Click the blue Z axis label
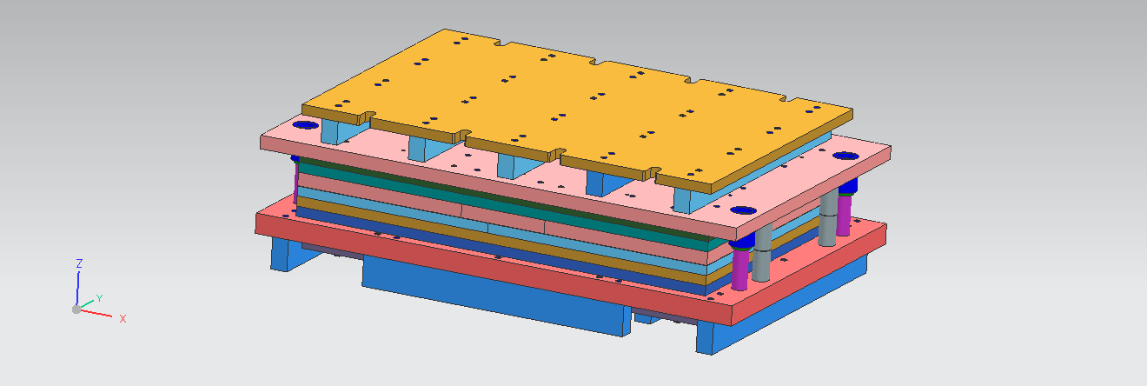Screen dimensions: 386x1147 (x=79, y=263)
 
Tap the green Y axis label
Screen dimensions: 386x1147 (x=99, y=298)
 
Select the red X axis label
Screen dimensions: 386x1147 (x=123, y=319)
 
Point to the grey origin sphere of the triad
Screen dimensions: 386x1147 (x=76, y=309)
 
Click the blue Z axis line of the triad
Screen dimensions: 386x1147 (x=78, y=287)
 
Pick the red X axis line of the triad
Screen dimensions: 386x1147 (x=96, y=313)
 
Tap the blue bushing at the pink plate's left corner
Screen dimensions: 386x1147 (x=305, y=125)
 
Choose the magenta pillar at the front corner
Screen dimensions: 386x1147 (x=739, y=270)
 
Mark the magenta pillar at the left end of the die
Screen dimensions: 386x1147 (x=296, y=178)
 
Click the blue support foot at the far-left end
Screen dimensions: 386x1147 (x=282, y=253)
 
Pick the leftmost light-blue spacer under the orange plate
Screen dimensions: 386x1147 (x=332, y=132)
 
